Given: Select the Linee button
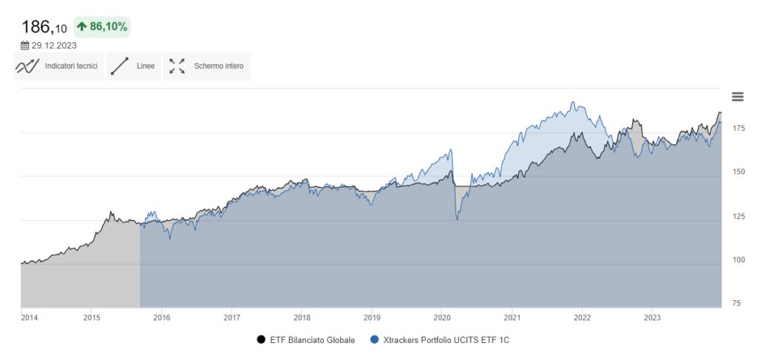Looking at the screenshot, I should click(x=133, y=66).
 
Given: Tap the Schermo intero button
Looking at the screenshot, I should click(x=206, y=66).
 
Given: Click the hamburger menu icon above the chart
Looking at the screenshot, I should click(x=737, y=97).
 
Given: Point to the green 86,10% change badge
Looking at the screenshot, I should click(x=102, y=27).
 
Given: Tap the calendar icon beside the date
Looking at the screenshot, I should click(x=25, y=45).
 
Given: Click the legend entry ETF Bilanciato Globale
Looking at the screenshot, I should click(x=305, y=340).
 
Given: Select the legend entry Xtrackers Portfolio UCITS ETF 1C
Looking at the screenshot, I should click(x=440, y=340).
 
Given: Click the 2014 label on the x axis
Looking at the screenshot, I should click(x=30, y=319).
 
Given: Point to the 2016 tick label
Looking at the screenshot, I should click(x=161, y=319).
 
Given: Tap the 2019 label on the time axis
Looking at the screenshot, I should click(x=372, y=319).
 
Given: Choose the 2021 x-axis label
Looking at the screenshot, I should click(x=512, y=319).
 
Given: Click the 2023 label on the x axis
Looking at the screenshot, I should click(x=652, y=319).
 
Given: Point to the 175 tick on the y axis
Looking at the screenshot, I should click(x=738, y=129).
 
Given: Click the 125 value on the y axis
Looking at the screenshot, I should click(x=738, y=216).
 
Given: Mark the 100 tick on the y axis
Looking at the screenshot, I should click(x=738, y=259).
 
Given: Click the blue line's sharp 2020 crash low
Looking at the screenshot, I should click(x=458, y=220).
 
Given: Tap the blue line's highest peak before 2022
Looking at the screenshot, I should click(x=572, y=103).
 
